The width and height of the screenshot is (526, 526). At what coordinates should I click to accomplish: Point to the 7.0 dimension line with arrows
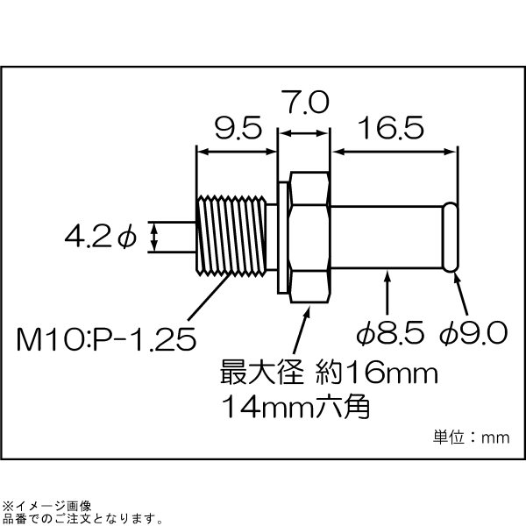tap(304, 133)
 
